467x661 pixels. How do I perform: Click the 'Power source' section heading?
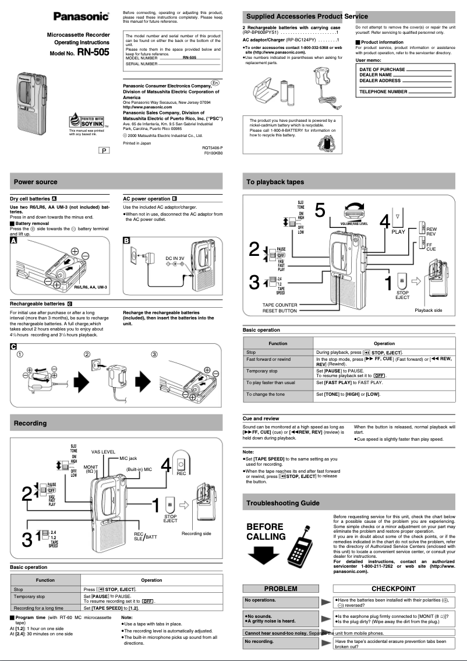[36, 182]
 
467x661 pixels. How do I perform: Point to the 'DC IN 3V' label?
[175, 258]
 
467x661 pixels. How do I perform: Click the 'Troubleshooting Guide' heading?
[282, 502]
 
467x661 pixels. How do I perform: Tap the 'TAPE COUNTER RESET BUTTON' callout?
[280, 308]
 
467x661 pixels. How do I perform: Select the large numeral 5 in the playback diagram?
[320, 210]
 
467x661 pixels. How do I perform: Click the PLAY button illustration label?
[398, 231]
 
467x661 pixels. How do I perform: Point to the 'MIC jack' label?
[128, 458]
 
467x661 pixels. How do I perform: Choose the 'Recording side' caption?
[196, 533]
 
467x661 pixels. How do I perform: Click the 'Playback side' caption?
[428, 310]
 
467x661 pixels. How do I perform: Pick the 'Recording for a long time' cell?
[38, 607]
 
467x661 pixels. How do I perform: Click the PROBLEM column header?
[280, 589]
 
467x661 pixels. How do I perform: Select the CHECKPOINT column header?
[394, 589]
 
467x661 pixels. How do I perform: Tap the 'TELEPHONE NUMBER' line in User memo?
[383, 92]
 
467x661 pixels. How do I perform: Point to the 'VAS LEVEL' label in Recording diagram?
[103, 452]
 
